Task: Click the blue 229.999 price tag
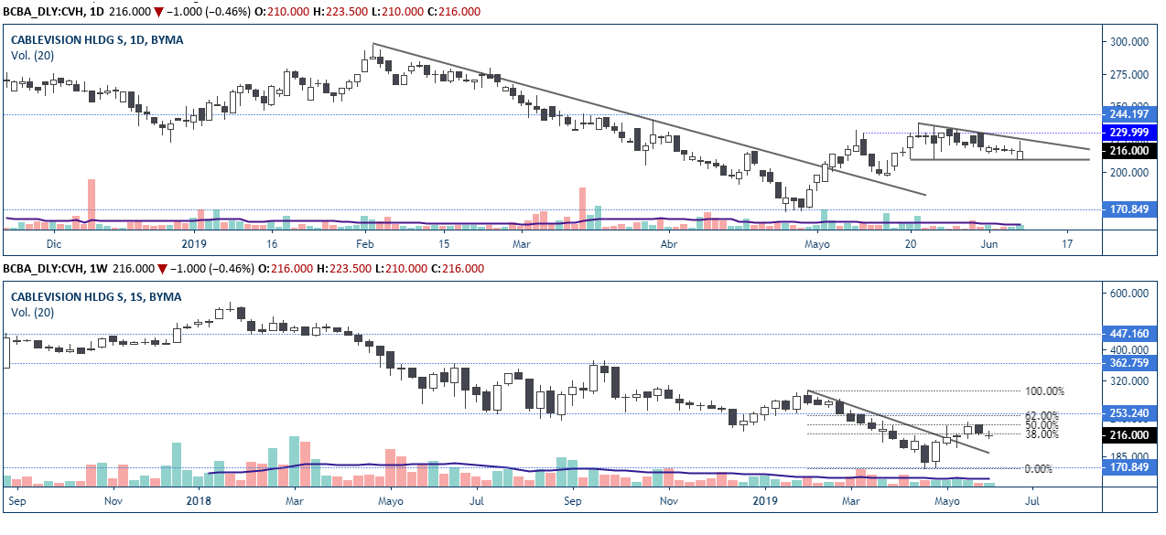pyautogui.click(x=1129, y=133)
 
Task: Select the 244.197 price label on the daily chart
pyautogui.click(x=1129, y=114)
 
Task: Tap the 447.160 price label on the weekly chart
pyautogui.click(x=1129, y=334)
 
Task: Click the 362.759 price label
pyautogui.click(x=1129, y=363)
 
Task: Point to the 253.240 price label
pyautogui.click(x=1129, y=413)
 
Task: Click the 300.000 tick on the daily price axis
pyautogui.click(x=1129, y=42)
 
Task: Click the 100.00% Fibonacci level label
pyautogui.click(x=1043, y=391)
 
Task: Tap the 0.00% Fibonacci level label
pyautogui.click(x=1037, y=469)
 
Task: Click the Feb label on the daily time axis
pyautogui.click(x=365, y=244)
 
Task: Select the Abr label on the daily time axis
pyautogui.click(x=670, y=244)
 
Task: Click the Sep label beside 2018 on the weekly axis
pyautogui.click(x=573, y=500)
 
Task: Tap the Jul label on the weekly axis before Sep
pyautogui.click(x=477, y=500)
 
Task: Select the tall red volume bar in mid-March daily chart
pyautogui.click(x=581, y=205)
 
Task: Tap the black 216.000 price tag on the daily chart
pyautogui.click(x=1129, y=150)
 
